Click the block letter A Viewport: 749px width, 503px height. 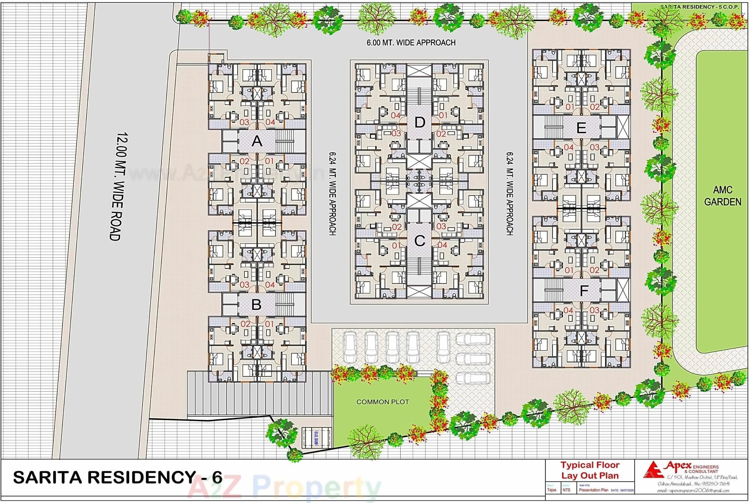257,141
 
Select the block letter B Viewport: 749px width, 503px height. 256,305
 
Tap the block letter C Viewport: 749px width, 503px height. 419,241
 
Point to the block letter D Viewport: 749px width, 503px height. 419,123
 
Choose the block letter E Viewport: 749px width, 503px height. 581,128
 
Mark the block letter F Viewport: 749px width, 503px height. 584,291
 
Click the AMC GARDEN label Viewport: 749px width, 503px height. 722,196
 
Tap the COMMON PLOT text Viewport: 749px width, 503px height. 382,402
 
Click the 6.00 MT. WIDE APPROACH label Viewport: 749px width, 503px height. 411,43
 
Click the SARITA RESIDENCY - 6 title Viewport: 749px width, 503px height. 117,477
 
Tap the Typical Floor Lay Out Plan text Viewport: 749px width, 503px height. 590,471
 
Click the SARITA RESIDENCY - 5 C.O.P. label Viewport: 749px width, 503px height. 699,7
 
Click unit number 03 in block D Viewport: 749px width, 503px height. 396,133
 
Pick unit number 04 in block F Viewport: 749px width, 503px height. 568,310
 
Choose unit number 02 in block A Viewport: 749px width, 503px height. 245,161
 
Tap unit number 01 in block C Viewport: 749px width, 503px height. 396,245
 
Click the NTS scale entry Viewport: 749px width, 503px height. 566,490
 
